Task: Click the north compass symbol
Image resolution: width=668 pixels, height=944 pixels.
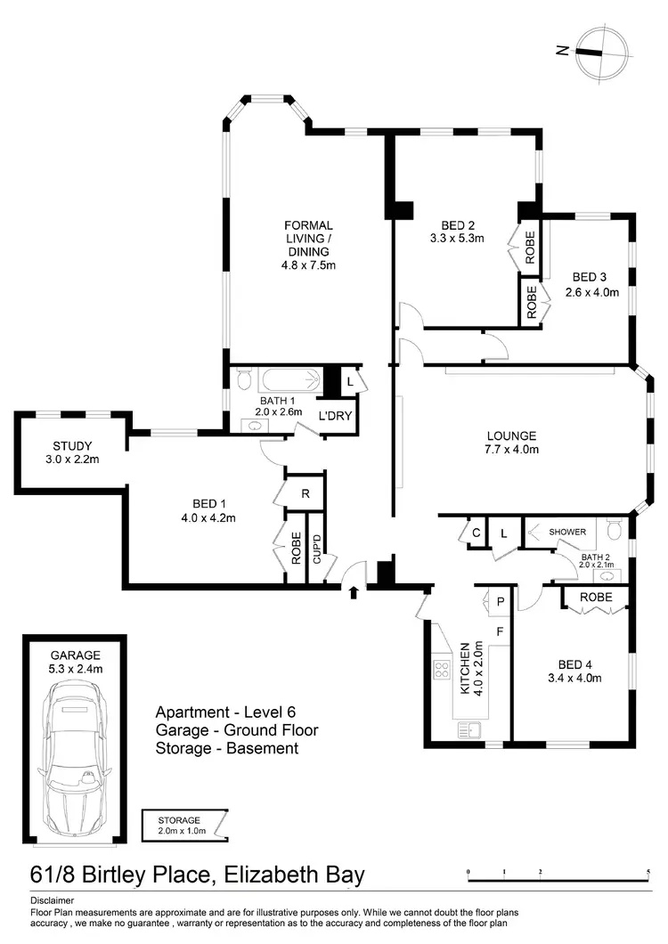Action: [x=591, y=50]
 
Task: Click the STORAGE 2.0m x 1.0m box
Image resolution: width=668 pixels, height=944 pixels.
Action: [x=185, y=825]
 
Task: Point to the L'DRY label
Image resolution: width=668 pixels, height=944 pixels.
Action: [x=335, y=416]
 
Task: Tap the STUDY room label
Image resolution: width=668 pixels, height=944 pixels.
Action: [x=73, y=446]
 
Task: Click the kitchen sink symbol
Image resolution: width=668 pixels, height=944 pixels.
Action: [x=467, y=729]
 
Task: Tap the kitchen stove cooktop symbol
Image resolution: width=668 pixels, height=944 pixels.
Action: [x=442, y=668]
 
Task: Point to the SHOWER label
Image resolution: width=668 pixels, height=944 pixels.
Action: [x=567, y=532]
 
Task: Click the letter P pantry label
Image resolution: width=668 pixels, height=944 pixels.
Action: [x=501, y=602]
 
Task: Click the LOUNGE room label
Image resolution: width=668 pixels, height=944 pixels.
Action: [x=511, y=435]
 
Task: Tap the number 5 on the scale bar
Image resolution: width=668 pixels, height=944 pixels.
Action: [x=648, y=872]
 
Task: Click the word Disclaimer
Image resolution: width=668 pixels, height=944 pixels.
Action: [x=52, y=901]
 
